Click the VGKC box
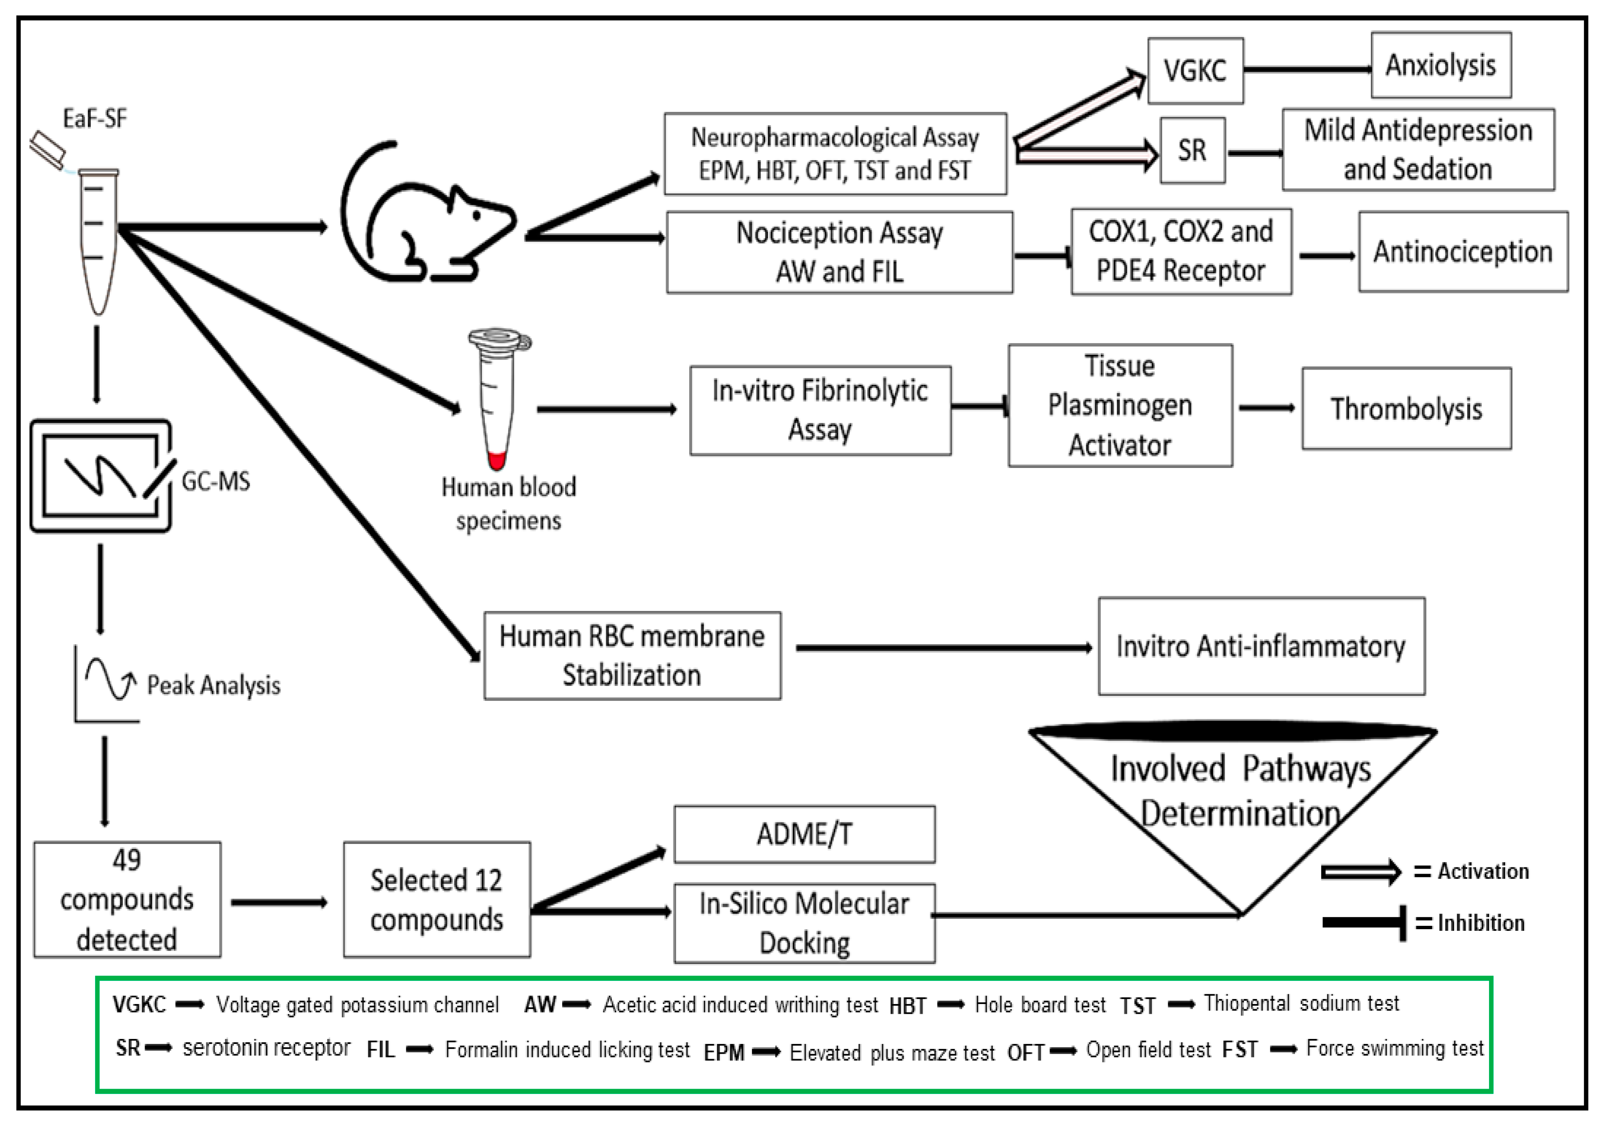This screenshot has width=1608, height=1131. (x=1195, y=71)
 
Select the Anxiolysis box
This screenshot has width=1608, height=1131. (x=1441, y=65)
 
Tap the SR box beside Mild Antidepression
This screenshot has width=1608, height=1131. (x=1192, y=151)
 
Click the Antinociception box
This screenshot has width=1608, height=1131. (x=1463, y=251)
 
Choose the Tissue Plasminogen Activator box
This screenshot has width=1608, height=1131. (x=1120, y=405)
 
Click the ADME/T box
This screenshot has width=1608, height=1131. (x=804, y=834)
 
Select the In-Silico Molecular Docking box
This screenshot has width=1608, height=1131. (x=804, y=923)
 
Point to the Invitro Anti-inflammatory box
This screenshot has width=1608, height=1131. (x=1261, y=646)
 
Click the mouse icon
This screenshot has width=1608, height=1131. (x=427, y=214)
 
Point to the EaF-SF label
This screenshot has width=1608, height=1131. (x=95, y=119)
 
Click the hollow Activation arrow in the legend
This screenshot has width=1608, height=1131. (x=1360, y=872)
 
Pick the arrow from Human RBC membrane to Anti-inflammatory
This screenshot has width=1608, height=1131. (x=943, y=648)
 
